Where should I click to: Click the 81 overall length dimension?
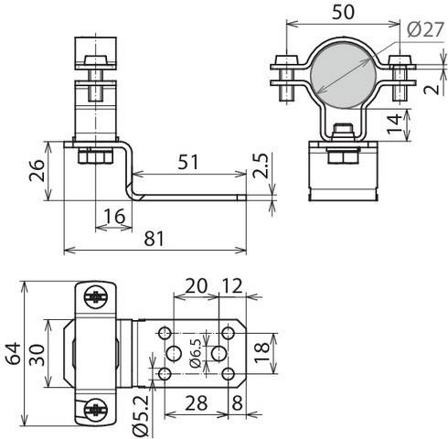pos(154,239)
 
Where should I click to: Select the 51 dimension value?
pos(188,162)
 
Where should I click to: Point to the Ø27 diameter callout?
pos(426,30)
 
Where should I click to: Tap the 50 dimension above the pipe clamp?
pos(343,12)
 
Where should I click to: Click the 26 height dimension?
pos(37,170)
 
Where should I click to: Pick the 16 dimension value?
pos(114,216)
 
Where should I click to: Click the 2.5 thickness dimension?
pos(261,166)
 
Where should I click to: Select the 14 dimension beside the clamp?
pos(394,123)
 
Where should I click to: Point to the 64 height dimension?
pos(14,353)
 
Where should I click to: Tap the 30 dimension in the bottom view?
pos(37,355)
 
